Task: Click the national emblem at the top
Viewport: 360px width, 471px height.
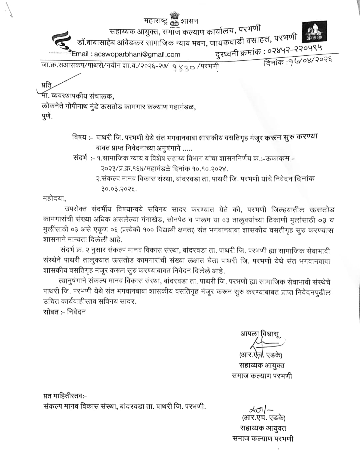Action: (174, 19)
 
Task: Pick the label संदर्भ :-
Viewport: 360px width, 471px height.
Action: (83, 158)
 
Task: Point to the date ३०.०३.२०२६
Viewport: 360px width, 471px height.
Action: (119, 189)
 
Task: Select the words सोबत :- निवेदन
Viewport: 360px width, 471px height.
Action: (64, 312)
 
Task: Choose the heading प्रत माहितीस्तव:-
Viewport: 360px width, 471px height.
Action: (65, 396)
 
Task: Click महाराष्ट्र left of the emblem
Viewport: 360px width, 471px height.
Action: (156, 21)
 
